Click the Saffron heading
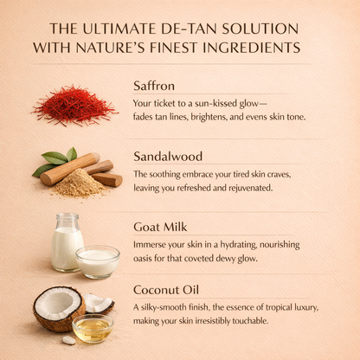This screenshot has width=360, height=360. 154,86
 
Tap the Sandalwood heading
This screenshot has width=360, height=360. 168,157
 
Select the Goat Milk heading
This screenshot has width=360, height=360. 160,227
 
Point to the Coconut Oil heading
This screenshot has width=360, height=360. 166,290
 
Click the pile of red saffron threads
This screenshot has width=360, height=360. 74,106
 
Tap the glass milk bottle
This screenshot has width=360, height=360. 67,242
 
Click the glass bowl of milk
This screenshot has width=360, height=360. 98,262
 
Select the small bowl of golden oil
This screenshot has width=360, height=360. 93,329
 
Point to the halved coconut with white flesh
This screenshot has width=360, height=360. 59,308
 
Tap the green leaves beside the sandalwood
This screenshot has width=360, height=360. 55,160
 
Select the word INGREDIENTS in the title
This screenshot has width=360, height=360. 252,48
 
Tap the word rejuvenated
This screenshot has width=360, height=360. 250,188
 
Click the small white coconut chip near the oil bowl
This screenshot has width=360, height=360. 69,340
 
